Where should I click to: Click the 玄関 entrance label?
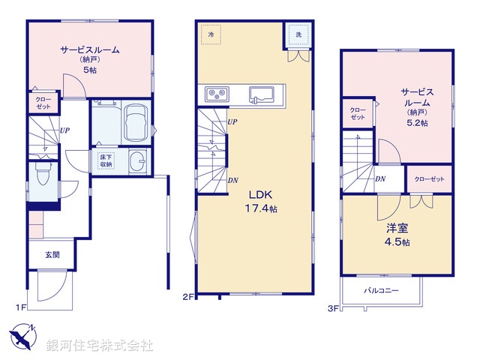(x=52, y=255)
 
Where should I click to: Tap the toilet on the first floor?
(x=43, y=177)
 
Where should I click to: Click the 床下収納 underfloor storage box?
(x=104, y=161)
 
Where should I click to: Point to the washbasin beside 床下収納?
(x=137, y=162)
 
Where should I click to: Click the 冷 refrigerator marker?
(x=211, y=35)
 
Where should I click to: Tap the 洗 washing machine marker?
(x=297, y=35)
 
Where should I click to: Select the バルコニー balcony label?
(x=382, y=290)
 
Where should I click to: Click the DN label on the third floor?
(x=380, y=178)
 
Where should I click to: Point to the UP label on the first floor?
(x=65, y=130)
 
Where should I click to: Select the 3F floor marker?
(x=332, y=307)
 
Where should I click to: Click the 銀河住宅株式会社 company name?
(x=100, y=346)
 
